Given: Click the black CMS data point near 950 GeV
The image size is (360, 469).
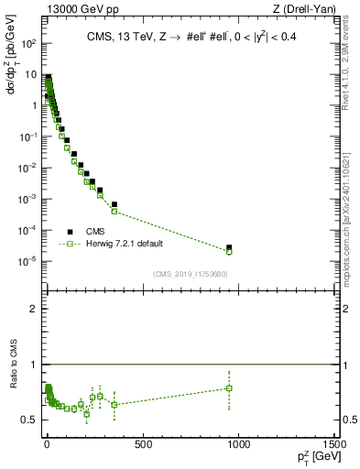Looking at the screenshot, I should [229, 247].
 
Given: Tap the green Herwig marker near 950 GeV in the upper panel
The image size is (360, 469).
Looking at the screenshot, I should [229, 251].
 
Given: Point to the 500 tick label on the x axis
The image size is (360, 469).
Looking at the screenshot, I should [142, 445].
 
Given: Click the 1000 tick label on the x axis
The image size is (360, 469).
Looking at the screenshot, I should [239, 445].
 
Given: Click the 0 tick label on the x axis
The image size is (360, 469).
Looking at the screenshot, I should [46, 445].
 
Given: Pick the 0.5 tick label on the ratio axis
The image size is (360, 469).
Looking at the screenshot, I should [29, 420].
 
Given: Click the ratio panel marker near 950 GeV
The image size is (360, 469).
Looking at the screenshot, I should [229, 388].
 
